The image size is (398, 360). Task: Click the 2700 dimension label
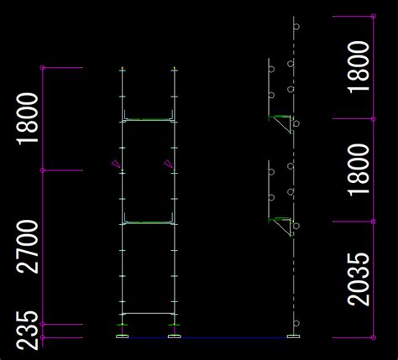28,247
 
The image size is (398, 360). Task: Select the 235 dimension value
28,331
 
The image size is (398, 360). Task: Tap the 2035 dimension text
359,279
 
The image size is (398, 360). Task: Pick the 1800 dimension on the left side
28,119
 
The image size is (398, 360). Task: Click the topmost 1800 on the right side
359,67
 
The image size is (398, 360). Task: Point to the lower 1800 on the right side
359,170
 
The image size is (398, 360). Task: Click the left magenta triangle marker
115,164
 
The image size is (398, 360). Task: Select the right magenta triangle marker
168,164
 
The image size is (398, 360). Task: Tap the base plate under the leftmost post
123,337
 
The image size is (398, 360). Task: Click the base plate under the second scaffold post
175,337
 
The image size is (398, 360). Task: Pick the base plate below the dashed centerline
294,337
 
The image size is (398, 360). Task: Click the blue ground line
207,338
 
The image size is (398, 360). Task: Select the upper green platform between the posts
149,120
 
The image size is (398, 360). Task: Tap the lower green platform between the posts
149,222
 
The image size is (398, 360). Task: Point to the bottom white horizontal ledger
149,313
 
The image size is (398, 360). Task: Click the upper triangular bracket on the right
281,123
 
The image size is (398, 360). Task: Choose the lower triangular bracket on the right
281,226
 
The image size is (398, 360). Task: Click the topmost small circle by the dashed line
296,27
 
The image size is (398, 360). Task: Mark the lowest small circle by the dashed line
296,323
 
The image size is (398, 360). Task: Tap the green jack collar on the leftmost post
123,325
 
